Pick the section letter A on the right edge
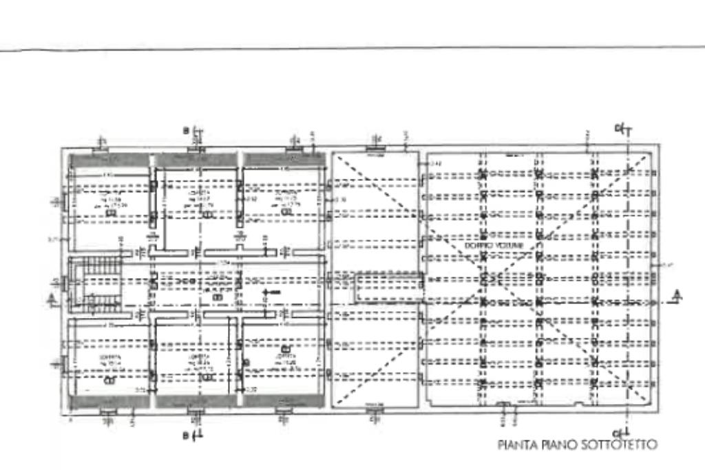click(677, 295)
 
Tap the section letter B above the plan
click(186, 130)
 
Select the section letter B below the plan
click(185, 435)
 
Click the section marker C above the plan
click(618, 129)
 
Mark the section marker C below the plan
click(618, 431)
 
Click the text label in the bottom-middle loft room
click(200, 363)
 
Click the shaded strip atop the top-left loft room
click(109, 160)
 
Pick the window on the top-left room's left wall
click(63, 201)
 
